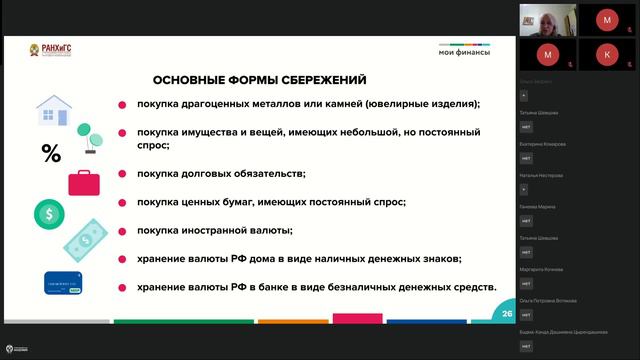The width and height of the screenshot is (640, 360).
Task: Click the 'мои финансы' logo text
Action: tap(465, 52)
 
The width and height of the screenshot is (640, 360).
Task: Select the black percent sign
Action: tap(50, 153)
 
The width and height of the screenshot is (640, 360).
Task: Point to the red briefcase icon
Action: tap(84, 182)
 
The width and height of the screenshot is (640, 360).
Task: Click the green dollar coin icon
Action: tap(49, 213)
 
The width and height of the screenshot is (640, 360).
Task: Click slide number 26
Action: tap(507, 315)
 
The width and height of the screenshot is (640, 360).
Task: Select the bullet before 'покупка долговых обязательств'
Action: tap(122, 174)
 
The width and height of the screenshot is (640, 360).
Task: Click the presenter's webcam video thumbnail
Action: tap(547, 19)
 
